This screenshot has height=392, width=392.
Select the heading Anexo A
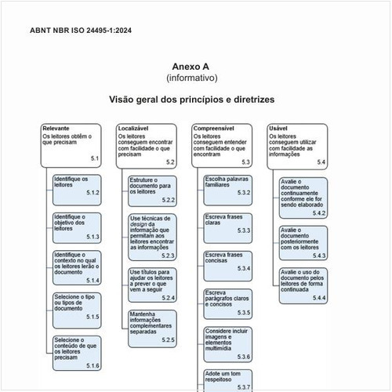tap(191, 67)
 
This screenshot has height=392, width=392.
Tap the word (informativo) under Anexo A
tap(191, 78)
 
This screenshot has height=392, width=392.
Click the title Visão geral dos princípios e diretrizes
tap(191, 100)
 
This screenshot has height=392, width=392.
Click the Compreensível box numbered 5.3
tap(222, 144)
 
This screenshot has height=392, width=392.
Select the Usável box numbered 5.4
tap(298, 144)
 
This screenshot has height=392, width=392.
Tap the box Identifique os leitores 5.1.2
tap(77, 186)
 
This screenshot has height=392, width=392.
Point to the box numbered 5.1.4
tap(77, 267)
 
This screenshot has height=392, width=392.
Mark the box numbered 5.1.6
tap(77, 352)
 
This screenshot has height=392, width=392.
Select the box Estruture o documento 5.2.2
tap(152, 189)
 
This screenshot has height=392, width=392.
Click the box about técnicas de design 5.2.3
tap(152, 236)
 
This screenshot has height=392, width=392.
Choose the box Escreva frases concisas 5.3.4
tap(227, 262)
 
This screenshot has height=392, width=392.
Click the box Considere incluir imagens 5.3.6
tap(227, 343)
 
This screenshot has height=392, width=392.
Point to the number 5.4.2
tap(318, 212)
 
